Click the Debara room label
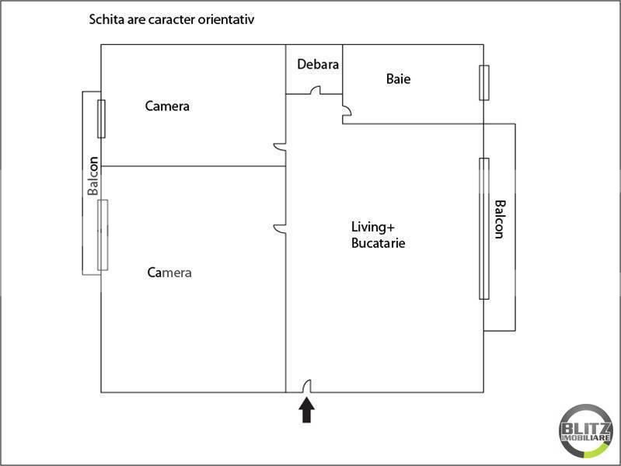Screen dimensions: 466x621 [318, 64]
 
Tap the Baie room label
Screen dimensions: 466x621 [398, 78]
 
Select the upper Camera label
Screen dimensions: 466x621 [167, 106]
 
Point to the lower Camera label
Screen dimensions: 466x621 [169, 273]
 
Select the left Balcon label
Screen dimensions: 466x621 [92, 176]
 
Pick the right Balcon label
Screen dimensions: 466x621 [500, 220]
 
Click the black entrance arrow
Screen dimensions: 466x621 [306, 409]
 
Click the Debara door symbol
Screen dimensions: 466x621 [316, 91]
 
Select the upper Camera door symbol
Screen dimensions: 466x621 [280, 146]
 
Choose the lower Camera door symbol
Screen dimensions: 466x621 [280, 228]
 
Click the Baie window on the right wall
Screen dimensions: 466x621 [484, 82]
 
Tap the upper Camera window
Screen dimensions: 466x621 [101, 119]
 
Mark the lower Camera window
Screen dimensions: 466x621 [103, 235]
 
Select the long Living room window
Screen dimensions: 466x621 [484, 228]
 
